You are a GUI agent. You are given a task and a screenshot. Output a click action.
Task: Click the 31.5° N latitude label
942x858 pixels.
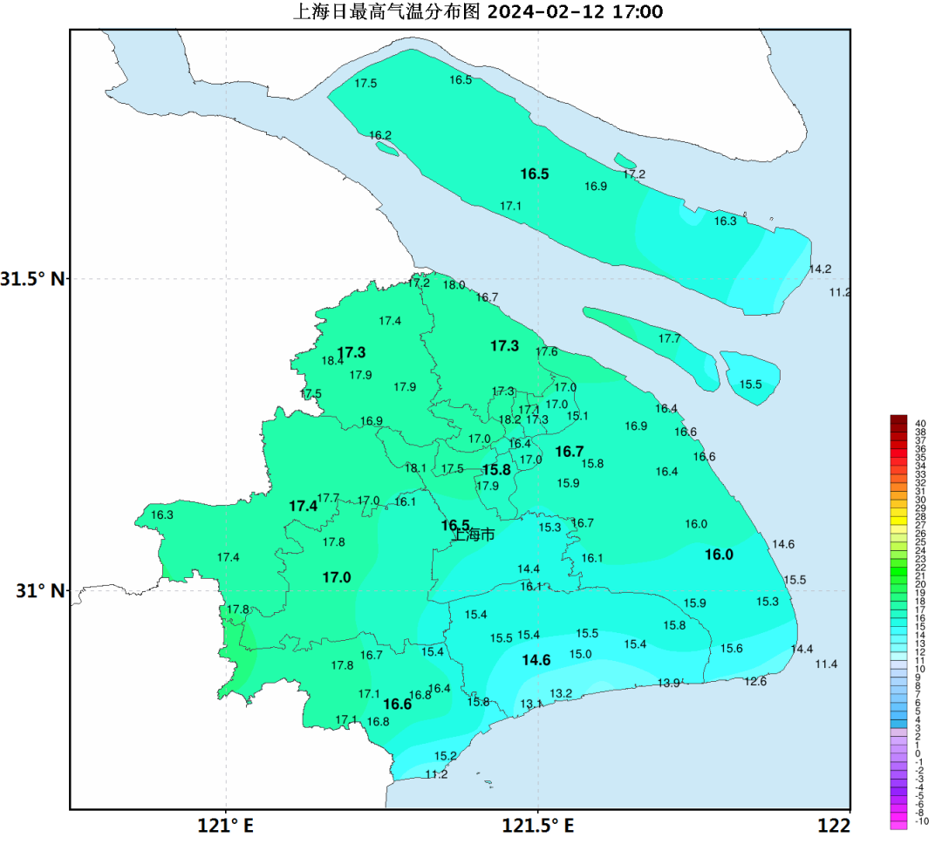point(32,280)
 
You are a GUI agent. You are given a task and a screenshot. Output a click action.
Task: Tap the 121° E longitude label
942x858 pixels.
point(225,826)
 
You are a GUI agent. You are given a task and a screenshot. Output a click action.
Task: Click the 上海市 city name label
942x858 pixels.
point(474,535)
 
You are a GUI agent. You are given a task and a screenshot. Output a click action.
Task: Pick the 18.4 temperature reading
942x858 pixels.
point(332,361)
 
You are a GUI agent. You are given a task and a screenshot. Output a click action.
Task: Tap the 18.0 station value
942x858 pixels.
point(454,285)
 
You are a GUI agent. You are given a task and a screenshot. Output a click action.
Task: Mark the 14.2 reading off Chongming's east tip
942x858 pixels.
point(820,269)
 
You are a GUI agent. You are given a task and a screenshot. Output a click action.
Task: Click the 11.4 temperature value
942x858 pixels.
point(826,664)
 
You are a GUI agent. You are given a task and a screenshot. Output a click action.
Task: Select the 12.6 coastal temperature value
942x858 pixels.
point(755,682)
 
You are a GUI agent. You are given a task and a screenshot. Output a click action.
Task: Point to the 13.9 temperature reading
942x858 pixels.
point(668,683)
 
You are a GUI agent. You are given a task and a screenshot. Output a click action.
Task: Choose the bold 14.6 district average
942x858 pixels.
point(536,661)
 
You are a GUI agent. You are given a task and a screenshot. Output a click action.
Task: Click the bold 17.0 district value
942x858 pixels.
point(336,578)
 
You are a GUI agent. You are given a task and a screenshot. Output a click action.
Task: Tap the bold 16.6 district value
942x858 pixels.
point(397,705)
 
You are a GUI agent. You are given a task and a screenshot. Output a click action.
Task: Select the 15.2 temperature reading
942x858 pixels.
point(445,756)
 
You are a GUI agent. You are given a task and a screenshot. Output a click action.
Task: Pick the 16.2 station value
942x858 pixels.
point(380,135)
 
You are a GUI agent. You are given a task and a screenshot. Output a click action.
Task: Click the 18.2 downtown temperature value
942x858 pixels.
point(509,419)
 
